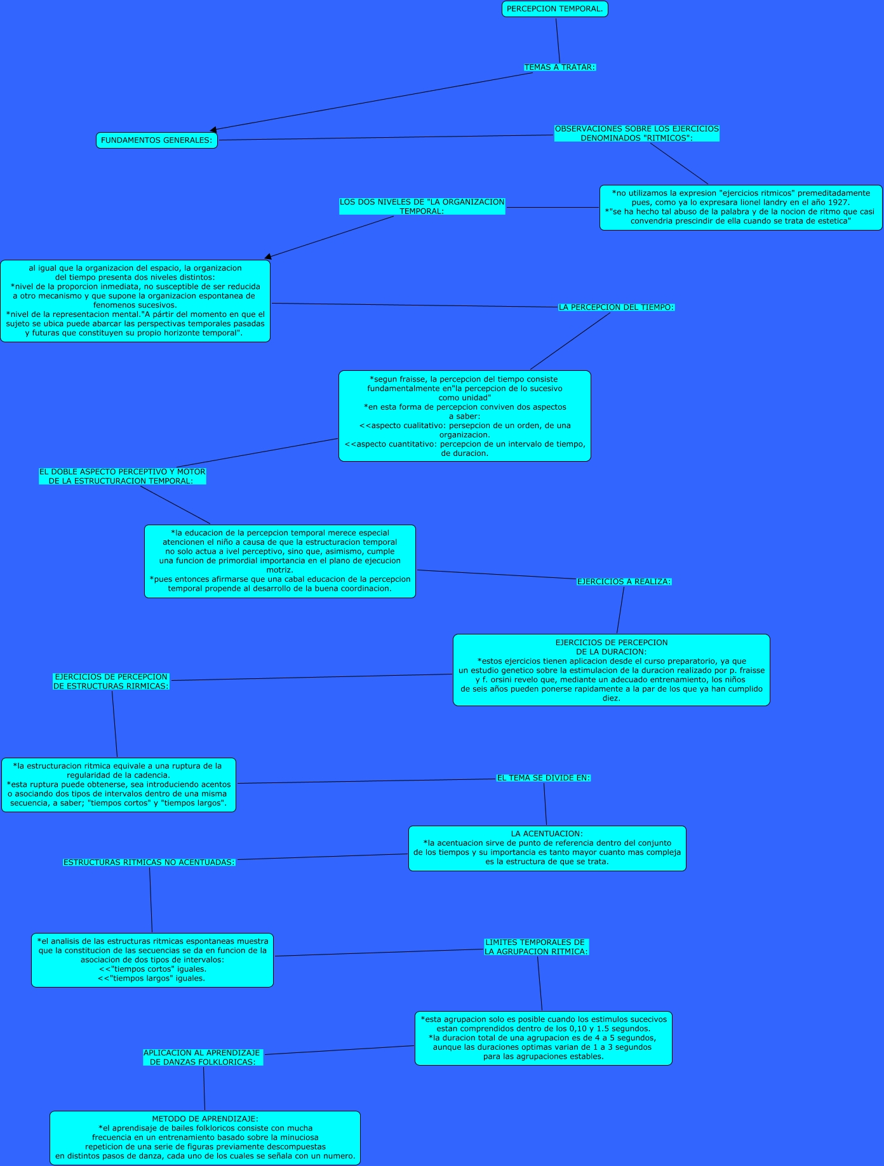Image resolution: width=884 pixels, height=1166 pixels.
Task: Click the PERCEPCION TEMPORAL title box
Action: tap(554, 9)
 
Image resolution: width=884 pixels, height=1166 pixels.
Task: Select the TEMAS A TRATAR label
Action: tap(559, 67)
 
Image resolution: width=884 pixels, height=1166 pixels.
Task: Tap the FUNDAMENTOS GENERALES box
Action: tap(156, 140)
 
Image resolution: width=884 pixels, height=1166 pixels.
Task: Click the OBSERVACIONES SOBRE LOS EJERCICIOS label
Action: tap(636, 133)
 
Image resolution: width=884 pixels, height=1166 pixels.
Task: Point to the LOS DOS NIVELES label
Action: tap(422, 206)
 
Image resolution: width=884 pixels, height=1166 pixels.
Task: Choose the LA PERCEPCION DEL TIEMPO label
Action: tap(616, 307)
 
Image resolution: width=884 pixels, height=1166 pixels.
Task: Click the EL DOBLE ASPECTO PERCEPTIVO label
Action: tap(122, 476)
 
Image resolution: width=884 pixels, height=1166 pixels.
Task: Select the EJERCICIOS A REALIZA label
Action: tap(624, 582)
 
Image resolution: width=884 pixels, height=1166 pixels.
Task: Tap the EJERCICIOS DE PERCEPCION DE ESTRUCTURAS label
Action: tap(110, 681)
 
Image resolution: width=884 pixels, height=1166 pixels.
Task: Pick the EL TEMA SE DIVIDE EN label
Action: tap(543, 778)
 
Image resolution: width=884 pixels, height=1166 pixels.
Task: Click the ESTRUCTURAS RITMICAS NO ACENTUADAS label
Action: tap(149, 862)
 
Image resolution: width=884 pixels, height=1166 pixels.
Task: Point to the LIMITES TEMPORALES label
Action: tap(536, 947)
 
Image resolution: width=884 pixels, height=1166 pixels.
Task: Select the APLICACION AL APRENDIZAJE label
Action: tap(203, 1057)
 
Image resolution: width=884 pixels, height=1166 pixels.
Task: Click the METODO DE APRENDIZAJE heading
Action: tap(205, 1119)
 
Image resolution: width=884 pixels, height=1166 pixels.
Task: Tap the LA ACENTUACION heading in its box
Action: tap(547, 834)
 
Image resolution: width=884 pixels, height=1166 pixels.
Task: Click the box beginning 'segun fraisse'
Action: tap(464, 416)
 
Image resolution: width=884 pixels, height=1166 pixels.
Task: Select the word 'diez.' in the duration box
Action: tap(611, 698)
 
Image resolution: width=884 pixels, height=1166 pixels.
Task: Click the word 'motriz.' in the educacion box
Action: tap(279, 570)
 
